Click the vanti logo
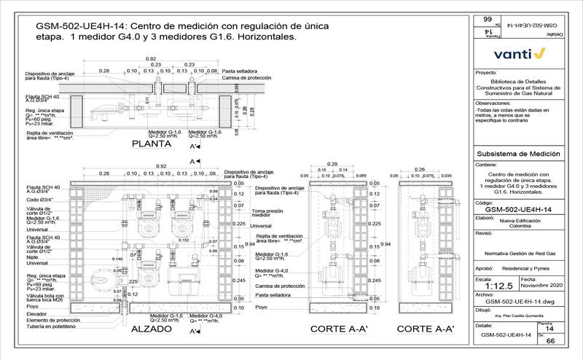coord(519,53)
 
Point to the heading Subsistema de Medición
coord(517,154)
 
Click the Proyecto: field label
coord(485,73)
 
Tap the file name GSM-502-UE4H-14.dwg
coord(517,301)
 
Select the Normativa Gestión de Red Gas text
coord(520,252)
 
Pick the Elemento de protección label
coord(52,319)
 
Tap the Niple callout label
coord(31,257)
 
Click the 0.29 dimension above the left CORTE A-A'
coord(332,163)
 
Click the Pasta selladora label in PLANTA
coord(238,71)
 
